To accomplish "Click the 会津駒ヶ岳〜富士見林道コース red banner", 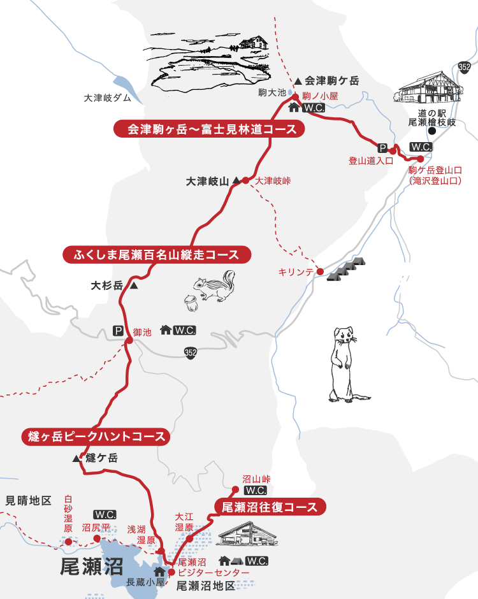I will (208, 129).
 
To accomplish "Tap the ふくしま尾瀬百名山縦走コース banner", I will (157, 255).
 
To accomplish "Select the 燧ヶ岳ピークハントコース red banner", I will (96, 437).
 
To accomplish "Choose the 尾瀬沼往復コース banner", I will (270, 507).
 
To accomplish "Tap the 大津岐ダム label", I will (107, 98).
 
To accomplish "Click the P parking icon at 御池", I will (118, 331).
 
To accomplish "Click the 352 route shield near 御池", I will (191, 351).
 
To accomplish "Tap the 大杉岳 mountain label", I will (107, 286).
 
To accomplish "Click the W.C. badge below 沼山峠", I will (255, 491).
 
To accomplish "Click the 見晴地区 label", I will (28, 501).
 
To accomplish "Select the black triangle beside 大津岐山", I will (236, 181).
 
